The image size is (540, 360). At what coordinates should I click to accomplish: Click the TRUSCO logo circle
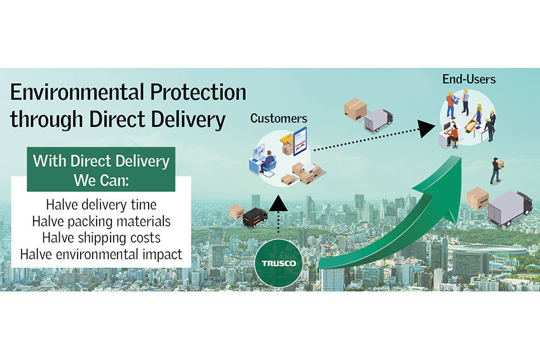click(x=280, y=263)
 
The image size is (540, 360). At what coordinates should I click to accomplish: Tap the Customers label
click(x=279, y=118)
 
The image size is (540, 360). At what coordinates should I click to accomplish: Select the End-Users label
click(x=469, y=79)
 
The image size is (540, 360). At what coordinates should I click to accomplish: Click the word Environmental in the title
click(x=77, y=92)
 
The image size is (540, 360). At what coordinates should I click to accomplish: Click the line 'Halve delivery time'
click(x=101, y=205)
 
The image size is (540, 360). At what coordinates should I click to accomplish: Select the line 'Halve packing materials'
click(x=101, y=222)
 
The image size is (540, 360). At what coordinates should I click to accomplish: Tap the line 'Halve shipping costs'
click(x=101, y=238)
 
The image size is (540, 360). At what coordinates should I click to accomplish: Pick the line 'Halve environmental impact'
click(x=101, y=255)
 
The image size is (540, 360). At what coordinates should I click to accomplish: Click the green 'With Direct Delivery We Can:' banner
click(x=101, y=170)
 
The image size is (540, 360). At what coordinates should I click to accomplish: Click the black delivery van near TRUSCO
click(x=255, y=218)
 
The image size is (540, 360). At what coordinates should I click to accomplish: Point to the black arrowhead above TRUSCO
click(x=278, y=203)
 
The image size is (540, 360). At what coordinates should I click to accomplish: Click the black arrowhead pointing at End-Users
click(x=426, y=129)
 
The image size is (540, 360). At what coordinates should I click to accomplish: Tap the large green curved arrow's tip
click(x=460, y=157)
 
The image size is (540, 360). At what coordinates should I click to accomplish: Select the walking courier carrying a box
click(x=496, y=170)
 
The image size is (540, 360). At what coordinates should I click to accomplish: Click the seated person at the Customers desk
click(x=267, y=161)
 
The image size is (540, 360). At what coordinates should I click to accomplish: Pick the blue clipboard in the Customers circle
click(x=300, y=142)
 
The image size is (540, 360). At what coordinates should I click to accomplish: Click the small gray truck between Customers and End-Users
click(x=379, y=121)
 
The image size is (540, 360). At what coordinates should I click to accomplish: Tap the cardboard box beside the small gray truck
click(x=355, y=109)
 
